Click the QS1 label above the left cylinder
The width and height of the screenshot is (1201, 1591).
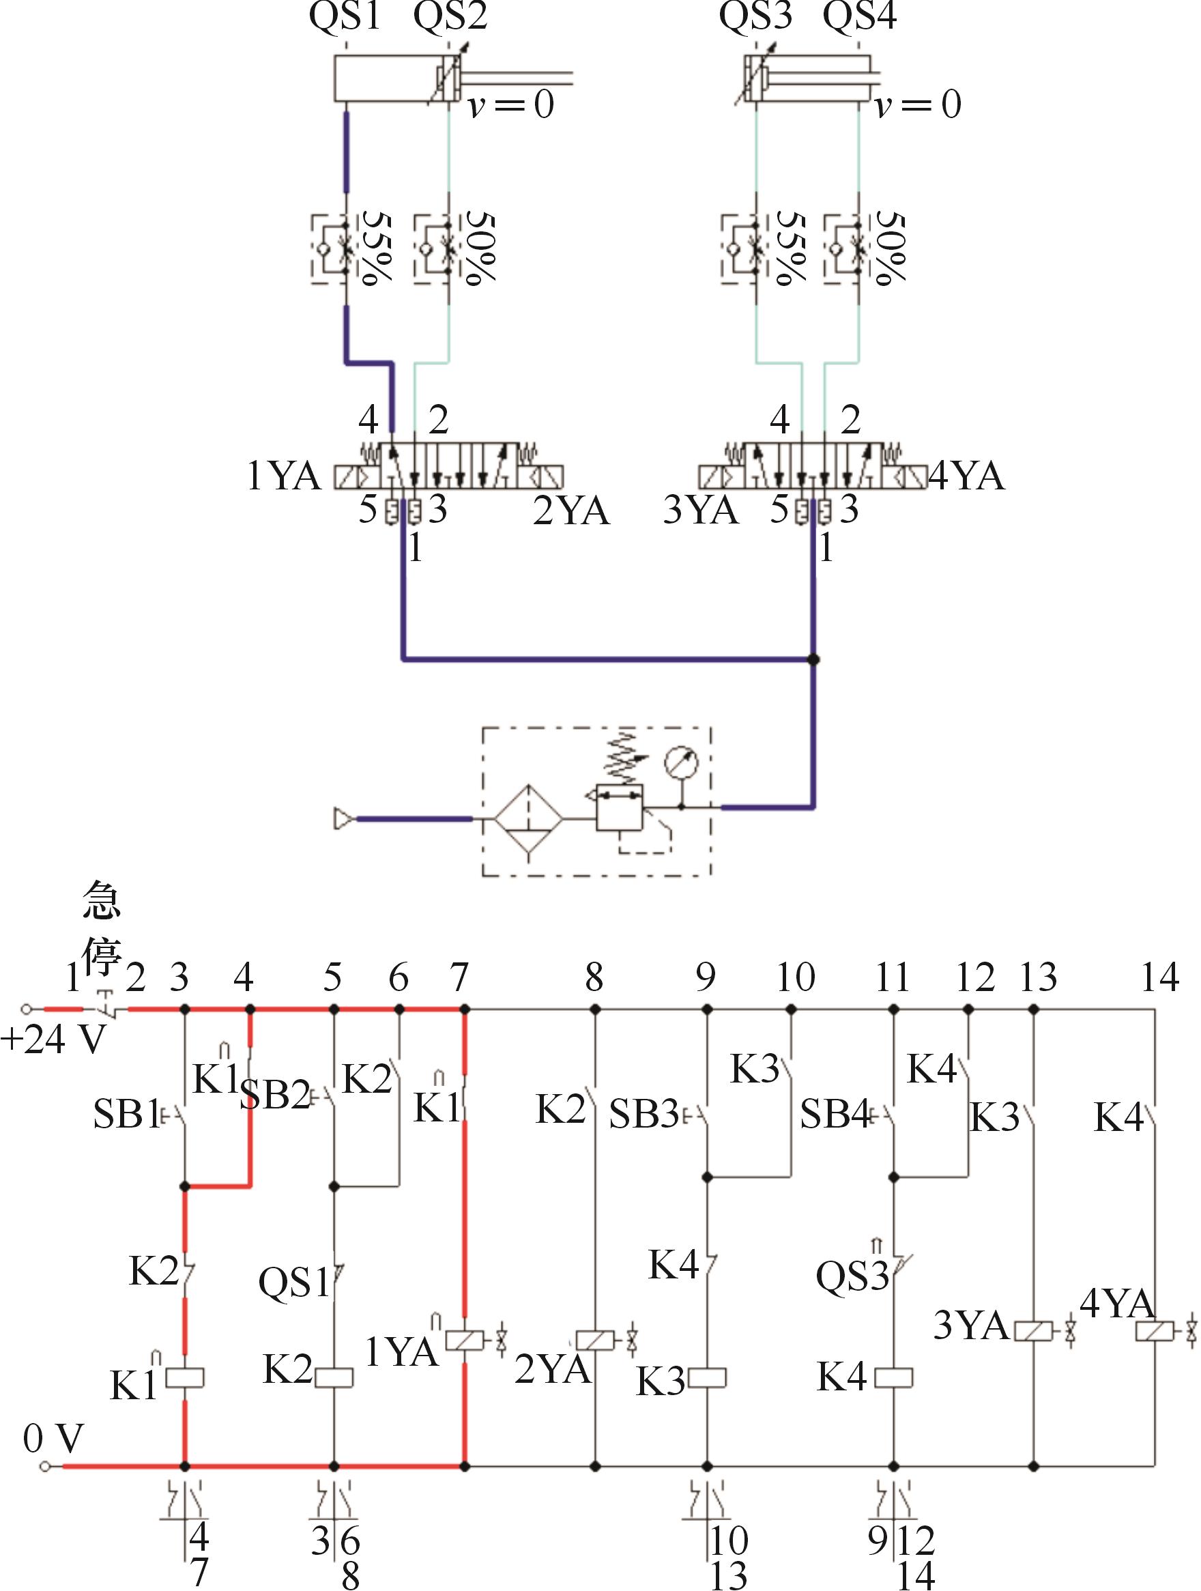click(x=345, y=16)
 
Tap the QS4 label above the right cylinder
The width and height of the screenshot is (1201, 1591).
click(x=859, y=16)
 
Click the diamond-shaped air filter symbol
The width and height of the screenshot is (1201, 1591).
click(x=529, y=819)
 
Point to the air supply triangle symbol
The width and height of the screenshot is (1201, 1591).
click(x=344, y=818)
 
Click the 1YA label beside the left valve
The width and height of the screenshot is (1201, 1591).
click(x=283, y=476)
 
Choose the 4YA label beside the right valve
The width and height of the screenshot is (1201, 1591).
click(x=966, y=476)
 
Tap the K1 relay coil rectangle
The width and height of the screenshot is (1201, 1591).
click(x=185, y=1378)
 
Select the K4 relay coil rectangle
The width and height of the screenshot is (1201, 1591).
click(x=894, y=1378)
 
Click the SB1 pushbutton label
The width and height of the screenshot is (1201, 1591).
click(x=125, y=1114)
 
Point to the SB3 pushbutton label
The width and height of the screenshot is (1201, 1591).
click(x=643, y=1114)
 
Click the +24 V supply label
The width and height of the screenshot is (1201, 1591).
click(x=54, y=1040)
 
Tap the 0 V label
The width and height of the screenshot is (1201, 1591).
click(x=53, y=1438)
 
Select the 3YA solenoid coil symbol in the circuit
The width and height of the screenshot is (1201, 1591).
click(x=1033, y=1332)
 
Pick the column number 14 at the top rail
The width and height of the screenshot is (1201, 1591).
click(x=1160, y=977)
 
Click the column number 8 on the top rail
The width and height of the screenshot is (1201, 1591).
click(x=594, y=977)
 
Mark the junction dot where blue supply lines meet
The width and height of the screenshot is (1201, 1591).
click(x=813, y=659)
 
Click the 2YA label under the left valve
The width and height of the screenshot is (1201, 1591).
click(x=571, y=511)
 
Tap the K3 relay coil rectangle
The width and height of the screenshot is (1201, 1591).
click(x=708, y=1378)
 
